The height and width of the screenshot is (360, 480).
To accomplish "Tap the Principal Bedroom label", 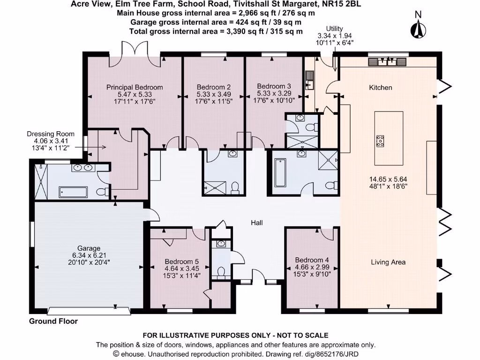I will click(x=135, y=87).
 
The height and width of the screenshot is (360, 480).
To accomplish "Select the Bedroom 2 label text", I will click(x=213, y=87).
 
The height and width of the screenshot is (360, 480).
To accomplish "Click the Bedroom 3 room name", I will click(x=274, y=86).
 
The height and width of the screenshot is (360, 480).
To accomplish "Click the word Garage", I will click(x=89, y=248).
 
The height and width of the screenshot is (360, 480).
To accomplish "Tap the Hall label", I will click(x=256, y=223).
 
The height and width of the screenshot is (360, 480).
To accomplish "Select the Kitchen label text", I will click(x=381, y=88).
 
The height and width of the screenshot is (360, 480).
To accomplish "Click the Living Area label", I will click(x=388, y=262).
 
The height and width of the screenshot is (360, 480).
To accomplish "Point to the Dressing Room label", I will click(x=51, y=134).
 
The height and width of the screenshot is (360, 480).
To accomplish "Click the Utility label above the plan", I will click(x=335, y=29).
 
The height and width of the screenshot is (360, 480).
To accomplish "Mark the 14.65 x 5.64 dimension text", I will click(x=388, y=179).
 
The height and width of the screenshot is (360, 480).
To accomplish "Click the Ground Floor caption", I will click(x=53, y=321).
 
